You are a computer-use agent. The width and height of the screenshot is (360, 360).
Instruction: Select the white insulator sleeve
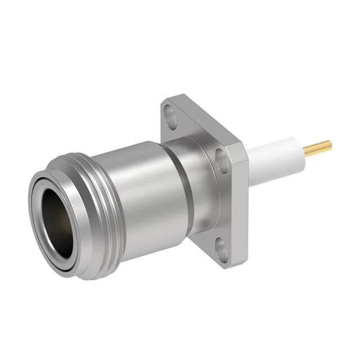coord(276,158)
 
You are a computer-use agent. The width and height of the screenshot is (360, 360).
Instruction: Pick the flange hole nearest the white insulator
coord(221,156)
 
